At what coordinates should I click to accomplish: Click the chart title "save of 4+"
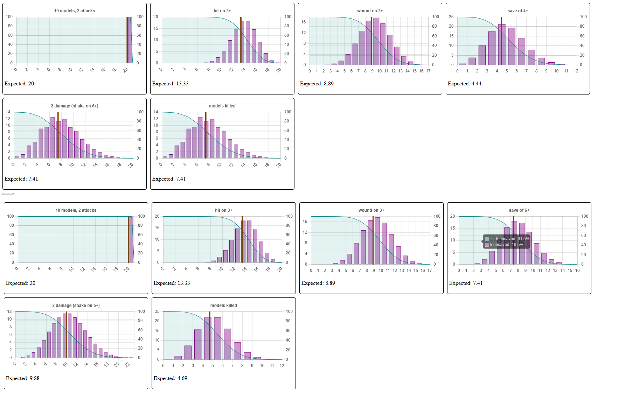click(x=518, y=11)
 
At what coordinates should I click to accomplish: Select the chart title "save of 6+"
click(x=519, y=210)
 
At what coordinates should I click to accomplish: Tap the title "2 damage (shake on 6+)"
click(x=75, y=106)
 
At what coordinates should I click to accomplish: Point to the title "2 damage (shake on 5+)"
click(x=76, y=306)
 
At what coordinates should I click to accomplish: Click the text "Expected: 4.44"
click(x=464, y=84)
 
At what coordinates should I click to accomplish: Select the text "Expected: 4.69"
click(x=170, y=378)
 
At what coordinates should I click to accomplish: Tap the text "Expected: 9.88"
click(x=22, y=378)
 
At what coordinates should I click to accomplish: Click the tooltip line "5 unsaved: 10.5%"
click(x=506, y=245)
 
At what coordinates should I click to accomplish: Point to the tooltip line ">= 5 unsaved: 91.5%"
click(x=509, y=239)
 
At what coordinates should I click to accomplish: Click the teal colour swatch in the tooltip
click(x=487, y=239)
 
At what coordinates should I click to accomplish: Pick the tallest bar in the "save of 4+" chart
click(x=502, y=45)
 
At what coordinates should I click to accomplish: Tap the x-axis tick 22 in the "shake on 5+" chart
click(x=127, y=364)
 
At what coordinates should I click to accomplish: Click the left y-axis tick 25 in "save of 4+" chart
click(x=451, y=17)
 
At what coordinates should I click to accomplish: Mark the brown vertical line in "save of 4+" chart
click(x=501, y=41)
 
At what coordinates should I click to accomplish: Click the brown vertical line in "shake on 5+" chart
click(x=67, y=335)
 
